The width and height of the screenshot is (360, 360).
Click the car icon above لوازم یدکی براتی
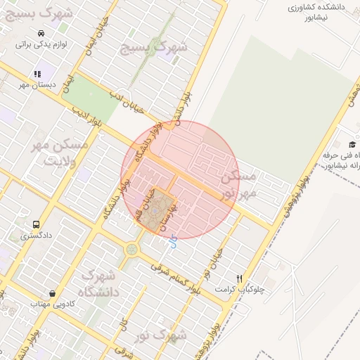pyautogui.click(x=42, y=33)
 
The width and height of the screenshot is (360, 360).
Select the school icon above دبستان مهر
pyautogui.click(x=37, y=74)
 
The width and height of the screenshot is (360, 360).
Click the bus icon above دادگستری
pyautogui.click(x=35, y=225)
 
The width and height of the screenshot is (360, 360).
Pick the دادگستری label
pyautogui.click(x=35, y=236)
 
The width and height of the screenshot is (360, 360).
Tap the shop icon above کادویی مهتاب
pyautogui.click(x=52, y=293)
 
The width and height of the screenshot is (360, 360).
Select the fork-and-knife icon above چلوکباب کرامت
pyautogui.click(x=240, y=278)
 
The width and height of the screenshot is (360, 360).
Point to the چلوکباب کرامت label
pyautogui.click(x=240, y=289)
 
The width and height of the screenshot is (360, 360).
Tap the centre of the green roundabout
pyautogui.click(x=131, y=248)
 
